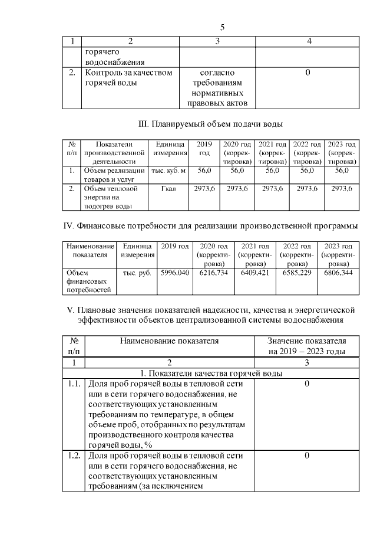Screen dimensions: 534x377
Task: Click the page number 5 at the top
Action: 222,27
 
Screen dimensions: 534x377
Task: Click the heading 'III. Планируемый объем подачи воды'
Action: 210,125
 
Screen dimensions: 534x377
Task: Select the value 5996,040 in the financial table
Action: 175,273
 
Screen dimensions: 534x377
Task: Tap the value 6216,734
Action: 213,273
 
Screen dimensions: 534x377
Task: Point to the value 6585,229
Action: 296,273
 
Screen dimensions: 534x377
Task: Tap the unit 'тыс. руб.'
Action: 137,273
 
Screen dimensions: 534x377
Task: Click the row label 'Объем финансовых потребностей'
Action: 89,281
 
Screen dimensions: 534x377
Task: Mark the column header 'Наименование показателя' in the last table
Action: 169,340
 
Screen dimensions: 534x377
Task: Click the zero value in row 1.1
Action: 307,384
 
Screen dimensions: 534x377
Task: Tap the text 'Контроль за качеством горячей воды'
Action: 128,78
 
